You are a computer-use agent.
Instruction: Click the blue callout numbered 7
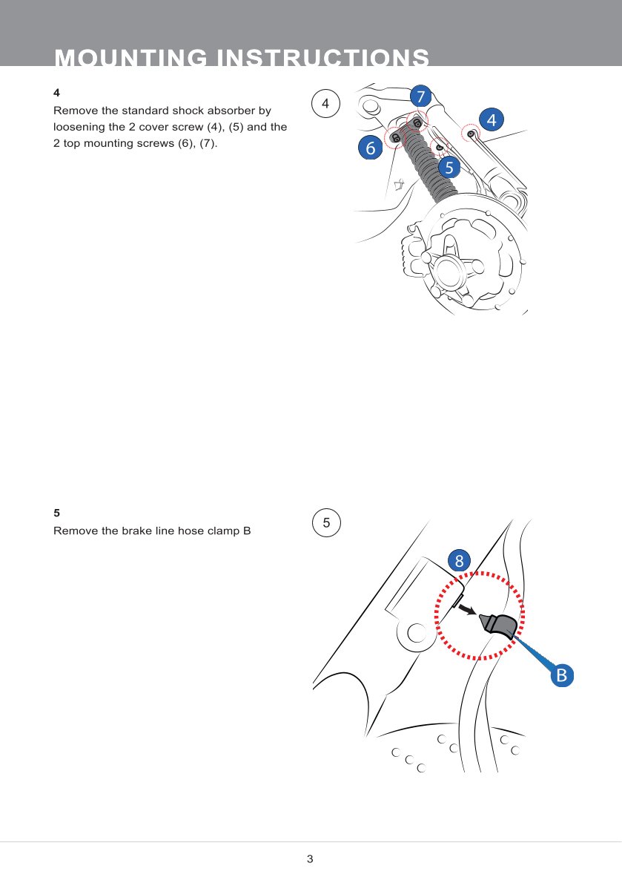click(420, 96)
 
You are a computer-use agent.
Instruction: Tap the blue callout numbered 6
click(370, 148)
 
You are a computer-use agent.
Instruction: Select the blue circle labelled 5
click(449, 167)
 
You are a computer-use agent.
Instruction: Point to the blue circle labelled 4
click(492, 119)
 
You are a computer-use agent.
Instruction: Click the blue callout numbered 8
click(460, 560)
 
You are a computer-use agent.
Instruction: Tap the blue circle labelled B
click(562, 674)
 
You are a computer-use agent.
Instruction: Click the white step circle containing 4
click(325, 103)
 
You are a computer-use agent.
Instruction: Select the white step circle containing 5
click(326, 522)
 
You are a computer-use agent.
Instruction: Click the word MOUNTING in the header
click(131, 58)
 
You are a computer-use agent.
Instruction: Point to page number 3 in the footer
click(310, 859)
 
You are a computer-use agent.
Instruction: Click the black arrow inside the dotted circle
click(468, 609)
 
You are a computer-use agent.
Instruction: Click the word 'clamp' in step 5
click(223, 531)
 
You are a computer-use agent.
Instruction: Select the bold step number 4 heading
click(56, 92)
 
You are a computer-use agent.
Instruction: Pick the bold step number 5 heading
click(56, 513)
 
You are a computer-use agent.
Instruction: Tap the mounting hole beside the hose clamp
click(417, 632)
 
